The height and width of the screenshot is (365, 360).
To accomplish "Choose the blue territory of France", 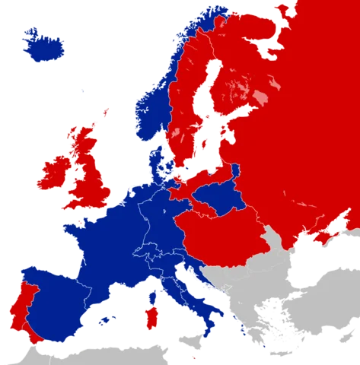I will pyautogui.click(x=107, y=243).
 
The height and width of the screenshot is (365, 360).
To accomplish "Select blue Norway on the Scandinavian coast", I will pyautogui.click(x=152, y=106).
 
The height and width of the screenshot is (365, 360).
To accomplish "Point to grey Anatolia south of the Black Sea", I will pyautogui.click(x=327, y=304).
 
